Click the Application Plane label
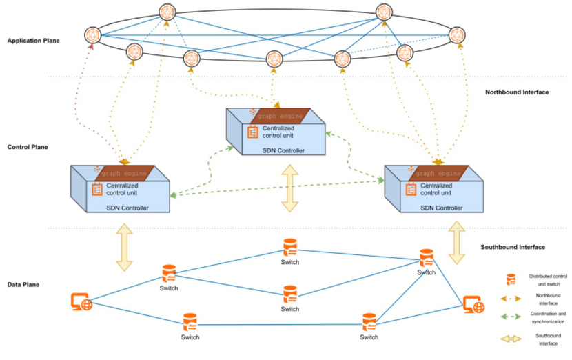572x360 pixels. tap(34, 41)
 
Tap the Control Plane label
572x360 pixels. tap(27, 147)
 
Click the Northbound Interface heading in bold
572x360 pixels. tap(517, 92)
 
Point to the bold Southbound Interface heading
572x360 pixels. tap(513, 247)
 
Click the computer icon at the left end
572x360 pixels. tap(81, 301)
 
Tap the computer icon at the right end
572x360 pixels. tap(473, 303)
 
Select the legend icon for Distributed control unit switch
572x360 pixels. tap(511, 279)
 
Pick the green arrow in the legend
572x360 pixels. tap(511, 317)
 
